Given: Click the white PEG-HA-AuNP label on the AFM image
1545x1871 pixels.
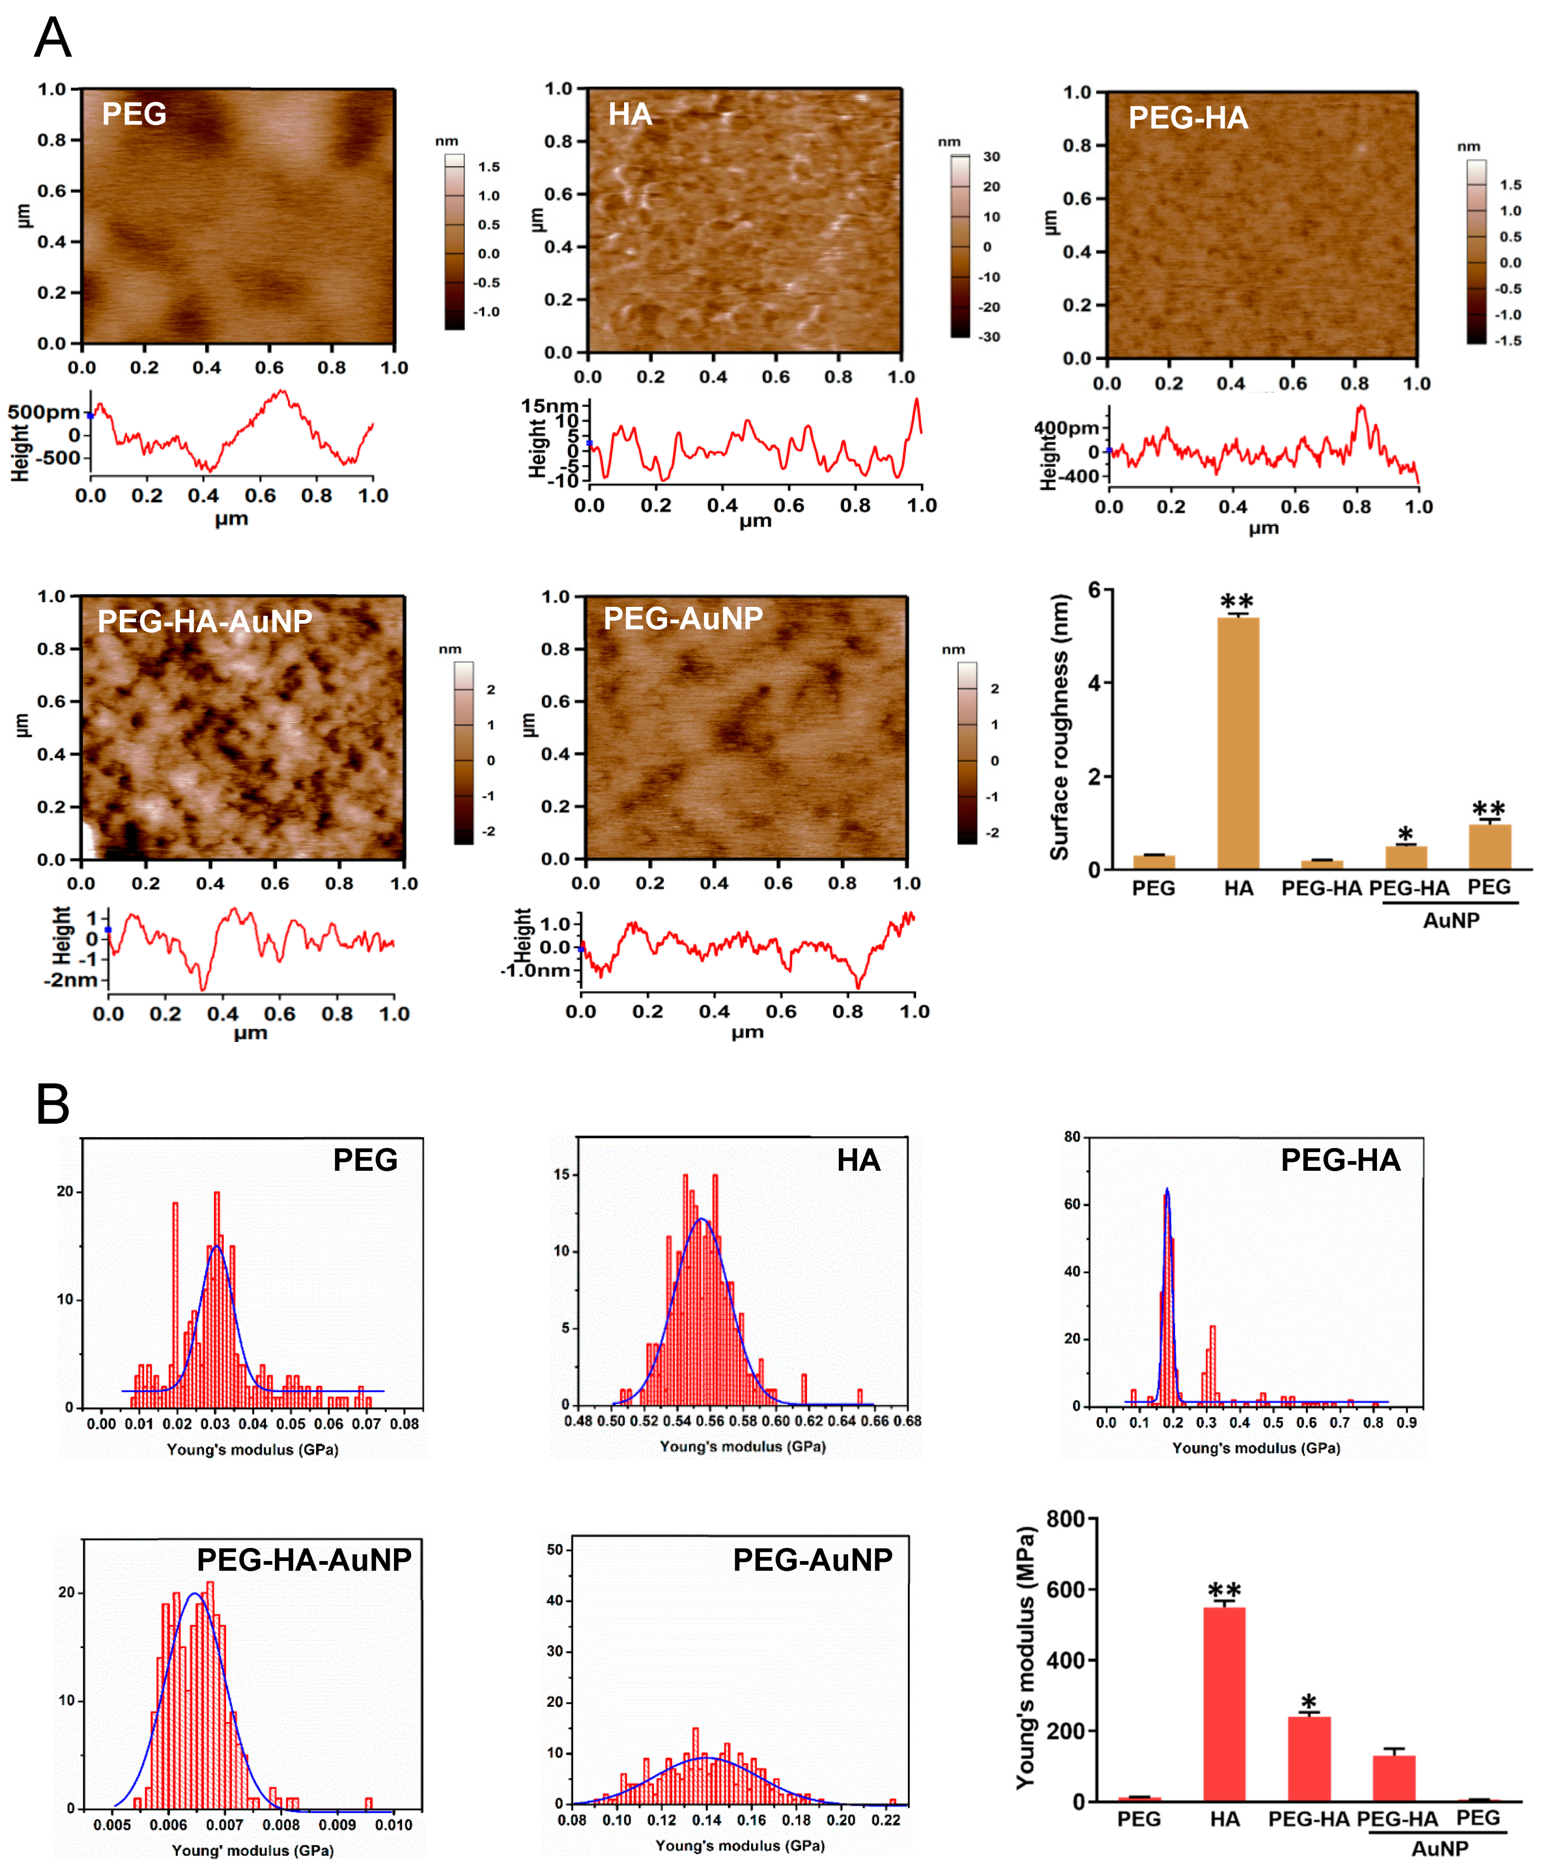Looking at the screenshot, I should click(205, 620).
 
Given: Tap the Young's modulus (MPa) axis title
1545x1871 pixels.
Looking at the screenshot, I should click(1025, 1657).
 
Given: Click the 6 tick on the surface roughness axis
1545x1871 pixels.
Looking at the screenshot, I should click(1094, 589).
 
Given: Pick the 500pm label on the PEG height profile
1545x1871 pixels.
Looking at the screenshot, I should click(43, 412).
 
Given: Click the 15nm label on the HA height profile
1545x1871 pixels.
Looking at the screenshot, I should click(549, 406).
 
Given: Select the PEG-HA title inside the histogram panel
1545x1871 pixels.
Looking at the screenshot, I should click(1340, 1160).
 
